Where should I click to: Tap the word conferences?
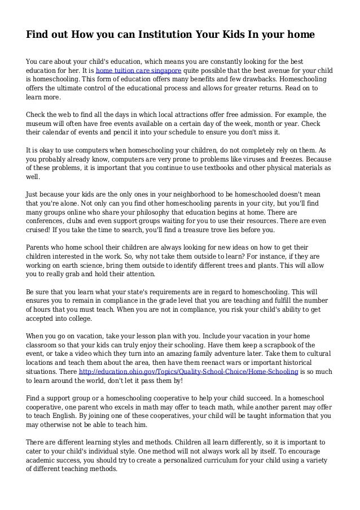pyautogui.click(x=47, y=220)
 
